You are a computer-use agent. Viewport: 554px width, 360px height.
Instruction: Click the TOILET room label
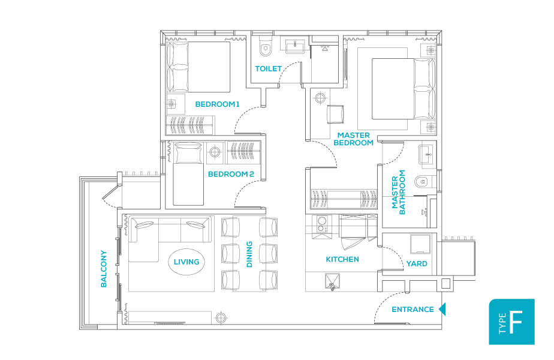point(268,68)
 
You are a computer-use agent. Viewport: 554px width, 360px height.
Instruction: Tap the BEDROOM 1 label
point(217,104)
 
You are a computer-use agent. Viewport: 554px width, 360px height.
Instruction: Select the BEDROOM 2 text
point(231,175)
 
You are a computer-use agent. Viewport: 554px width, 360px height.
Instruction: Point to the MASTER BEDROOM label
point(354,139)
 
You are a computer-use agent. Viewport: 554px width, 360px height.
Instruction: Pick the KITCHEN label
point(342,260)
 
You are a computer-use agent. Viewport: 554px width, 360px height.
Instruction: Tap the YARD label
point(417,263)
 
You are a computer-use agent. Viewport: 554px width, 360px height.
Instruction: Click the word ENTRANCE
point(413,310)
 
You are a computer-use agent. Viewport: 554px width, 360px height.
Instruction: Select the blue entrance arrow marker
point(442,310)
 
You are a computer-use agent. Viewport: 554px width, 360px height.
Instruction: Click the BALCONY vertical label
point(104,269)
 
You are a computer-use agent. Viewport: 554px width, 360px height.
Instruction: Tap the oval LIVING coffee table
point(186,262)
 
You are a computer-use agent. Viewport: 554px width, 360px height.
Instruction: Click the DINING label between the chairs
point(249,254)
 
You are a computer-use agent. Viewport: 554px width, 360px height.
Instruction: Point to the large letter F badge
point(516,322)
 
